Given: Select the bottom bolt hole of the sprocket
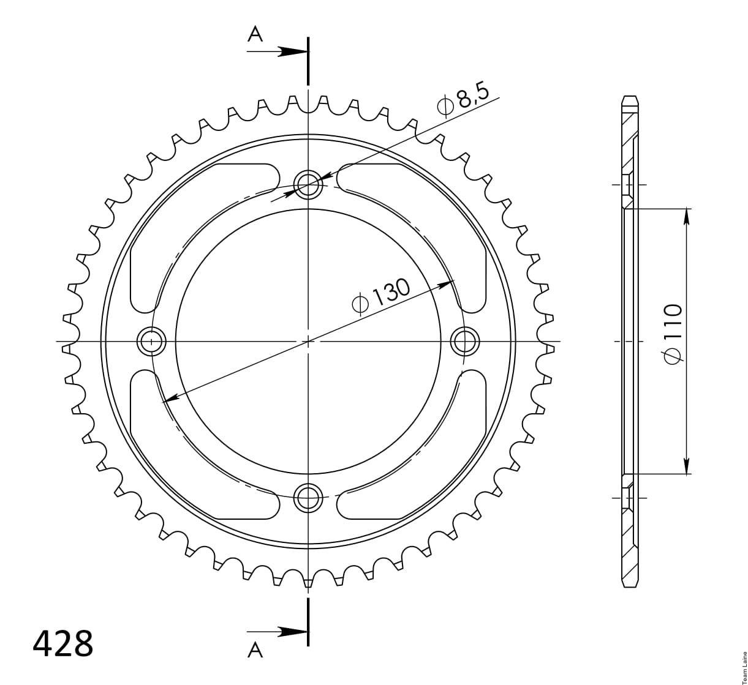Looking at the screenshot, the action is click(x=308, y=498).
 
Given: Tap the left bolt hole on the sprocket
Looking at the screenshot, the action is click(x=151, y=340).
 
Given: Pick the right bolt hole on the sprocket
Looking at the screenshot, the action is click(x=465, y=340).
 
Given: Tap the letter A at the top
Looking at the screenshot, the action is click(x=255, y=35).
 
